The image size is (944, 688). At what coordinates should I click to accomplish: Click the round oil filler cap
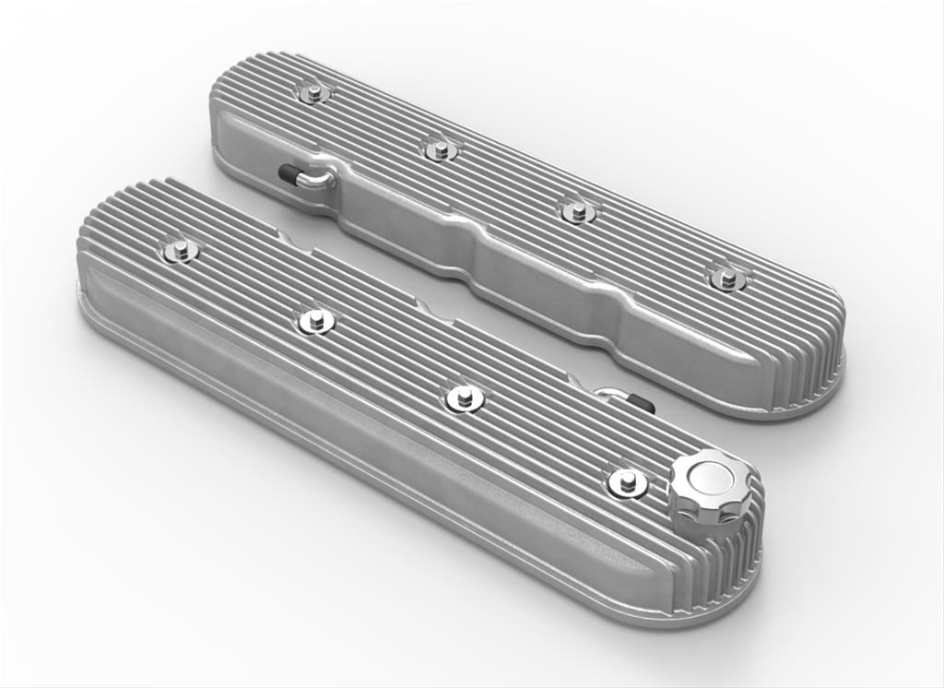click(706, 487)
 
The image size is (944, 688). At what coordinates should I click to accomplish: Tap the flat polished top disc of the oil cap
click(708, 472)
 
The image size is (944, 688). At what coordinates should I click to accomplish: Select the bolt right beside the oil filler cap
click(627, 480)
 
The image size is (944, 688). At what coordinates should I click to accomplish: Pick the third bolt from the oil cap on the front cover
click(315, 320)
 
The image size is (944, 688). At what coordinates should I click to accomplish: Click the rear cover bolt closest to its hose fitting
click(314, 91)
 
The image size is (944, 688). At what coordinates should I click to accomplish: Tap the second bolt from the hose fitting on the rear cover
click(440, 148)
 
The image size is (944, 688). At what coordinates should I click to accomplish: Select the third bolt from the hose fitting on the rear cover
click(576, 210)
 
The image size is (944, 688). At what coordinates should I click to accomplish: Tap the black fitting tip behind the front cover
click(643, 403)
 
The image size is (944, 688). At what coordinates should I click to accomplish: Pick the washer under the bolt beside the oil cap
click(627, 486)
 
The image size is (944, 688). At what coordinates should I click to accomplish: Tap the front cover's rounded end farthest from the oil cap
click(92, 267)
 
